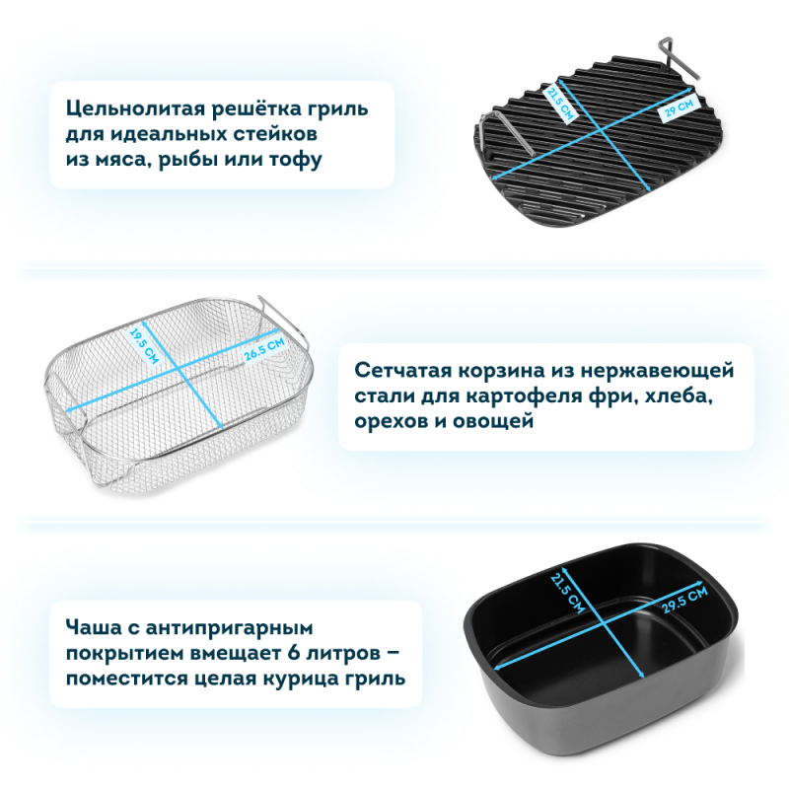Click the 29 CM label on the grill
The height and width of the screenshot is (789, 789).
coord(679,107)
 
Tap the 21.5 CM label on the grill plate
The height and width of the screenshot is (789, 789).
coord(559,105)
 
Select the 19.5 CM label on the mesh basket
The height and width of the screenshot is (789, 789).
coord(144,346)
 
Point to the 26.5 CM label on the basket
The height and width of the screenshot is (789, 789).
coord(264,349)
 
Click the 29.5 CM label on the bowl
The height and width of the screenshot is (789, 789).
coord(684,600)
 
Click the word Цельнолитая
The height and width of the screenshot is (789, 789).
coord(134,108)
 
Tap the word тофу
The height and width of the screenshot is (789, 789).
coord(296,159)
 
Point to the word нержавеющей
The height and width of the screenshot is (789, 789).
coord(657,372)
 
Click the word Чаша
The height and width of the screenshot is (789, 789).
coord(94,627)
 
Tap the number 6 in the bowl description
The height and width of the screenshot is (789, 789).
coord(294,653)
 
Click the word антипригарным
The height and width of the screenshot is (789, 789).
coord(230,628)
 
